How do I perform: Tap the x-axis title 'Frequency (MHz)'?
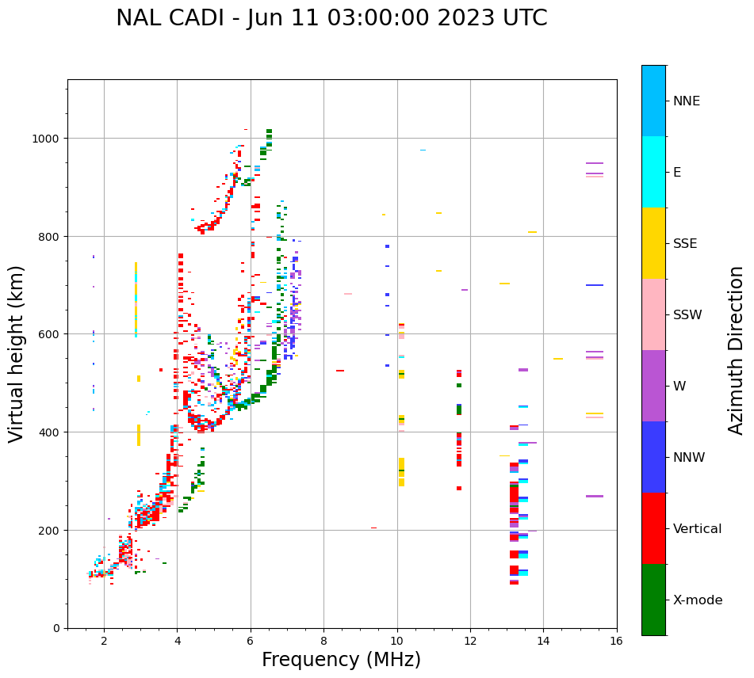[341, 660]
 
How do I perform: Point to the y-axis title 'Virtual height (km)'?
[17, 353]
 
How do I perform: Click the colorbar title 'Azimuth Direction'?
[737, 350]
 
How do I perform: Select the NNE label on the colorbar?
[687, 101]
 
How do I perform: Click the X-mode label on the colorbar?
[698, 600]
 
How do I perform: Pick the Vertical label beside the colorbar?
[697, 529]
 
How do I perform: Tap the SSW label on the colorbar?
[687, 314]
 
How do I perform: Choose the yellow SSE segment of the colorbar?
[653, 243]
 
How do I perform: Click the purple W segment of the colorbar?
[653, 386]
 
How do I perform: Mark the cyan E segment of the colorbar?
[653, 172]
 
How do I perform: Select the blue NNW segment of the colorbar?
[653, 457]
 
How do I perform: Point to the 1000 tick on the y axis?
[46, 139]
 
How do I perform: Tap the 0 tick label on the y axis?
[57, 628]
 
